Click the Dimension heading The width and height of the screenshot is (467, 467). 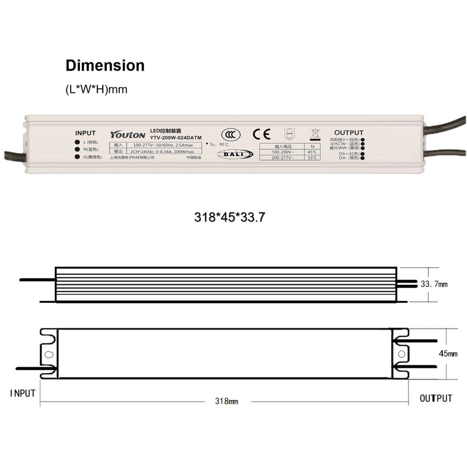coord(104,65)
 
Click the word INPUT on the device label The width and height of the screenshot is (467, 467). coord(85,133)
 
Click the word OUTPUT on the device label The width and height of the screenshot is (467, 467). coord(348,133)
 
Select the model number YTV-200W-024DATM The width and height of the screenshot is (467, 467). coord(176,138)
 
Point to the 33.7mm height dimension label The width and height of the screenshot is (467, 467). coord(434,284)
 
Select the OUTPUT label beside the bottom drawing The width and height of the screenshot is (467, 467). coord(436,399)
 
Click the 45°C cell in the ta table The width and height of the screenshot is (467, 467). coord(312,152)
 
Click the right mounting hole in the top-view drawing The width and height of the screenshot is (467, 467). coord(402,354)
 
